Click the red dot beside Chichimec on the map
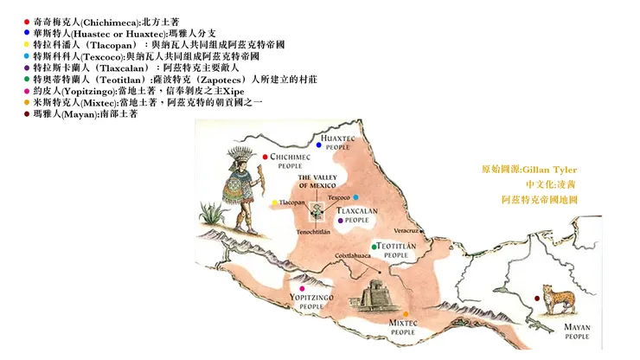[x=266, y=157]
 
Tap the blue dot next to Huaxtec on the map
[x=318, y=145]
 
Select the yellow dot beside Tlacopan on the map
[x=275, y=203]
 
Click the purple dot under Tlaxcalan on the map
[x=344, y=221]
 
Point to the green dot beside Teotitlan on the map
[x=374, y=247]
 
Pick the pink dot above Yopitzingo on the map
[x=302, y=288]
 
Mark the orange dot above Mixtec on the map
[x=405, y=313]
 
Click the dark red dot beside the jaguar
[x=537, y=299]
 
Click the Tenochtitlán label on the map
[x=315, y=231]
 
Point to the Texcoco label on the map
[x=339, y=196]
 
